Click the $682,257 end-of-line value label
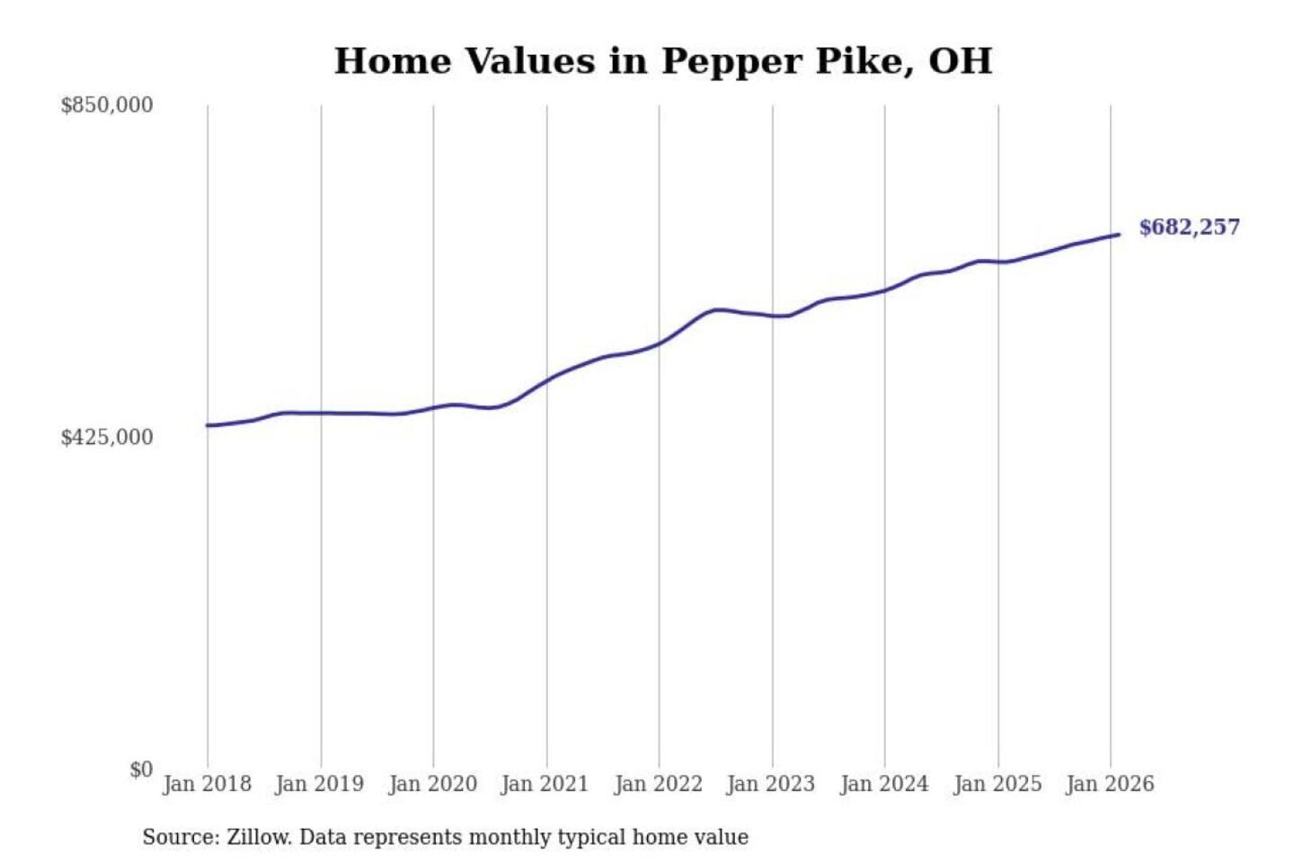[1189, 227]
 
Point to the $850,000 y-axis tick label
[107, 105]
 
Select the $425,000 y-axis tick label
[107, 438]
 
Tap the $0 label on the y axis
[141, 770]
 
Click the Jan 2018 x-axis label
[207, 784]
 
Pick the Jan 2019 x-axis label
[319, 784]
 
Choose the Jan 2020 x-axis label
[432, 784]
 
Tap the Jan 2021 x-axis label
[545, 784]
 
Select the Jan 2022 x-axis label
[658, 784]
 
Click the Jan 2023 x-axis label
[770, 784]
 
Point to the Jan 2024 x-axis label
[883, 784]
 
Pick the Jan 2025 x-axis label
[997, 784]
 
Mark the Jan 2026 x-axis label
[1109, 784]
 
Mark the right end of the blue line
[1118, 235]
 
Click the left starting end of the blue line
[208, 425]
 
